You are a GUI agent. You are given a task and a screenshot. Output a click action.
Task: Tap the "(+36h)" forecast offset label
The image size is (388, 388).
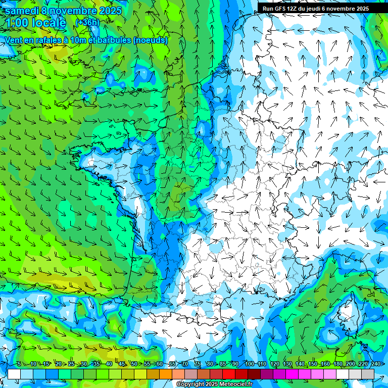(x=87, y=23)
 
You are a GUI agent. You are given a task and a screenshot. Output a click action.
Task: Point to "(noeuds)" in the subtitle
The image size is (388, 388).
(x=151, y=40)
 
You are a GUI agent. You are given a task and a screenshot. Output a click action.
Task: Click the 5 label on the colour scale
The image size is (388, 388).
(x=19, y=364)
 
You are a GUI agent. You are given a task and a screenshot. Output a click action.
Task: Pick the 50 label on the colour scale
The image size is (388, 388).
(x=134, y=364)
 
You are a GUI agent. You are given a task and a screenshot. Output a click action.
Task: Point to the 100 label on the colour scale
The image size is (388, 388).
(x=249, y=364)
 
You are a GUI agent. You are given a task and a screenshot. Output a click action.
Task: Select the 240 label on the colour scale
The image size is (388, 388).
(x=375, y=364)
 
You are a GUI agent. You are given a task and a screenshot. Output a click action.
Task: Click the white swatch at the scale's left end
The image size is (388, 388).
(x=14, y=374)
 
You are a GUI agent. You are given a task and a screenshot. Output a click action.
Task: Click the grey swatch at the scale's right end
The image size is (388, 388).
(x=368, y=374)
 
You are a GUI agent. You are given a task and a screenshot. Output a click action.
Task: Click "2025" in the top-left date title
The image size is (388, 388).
(x=112, y=11)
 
